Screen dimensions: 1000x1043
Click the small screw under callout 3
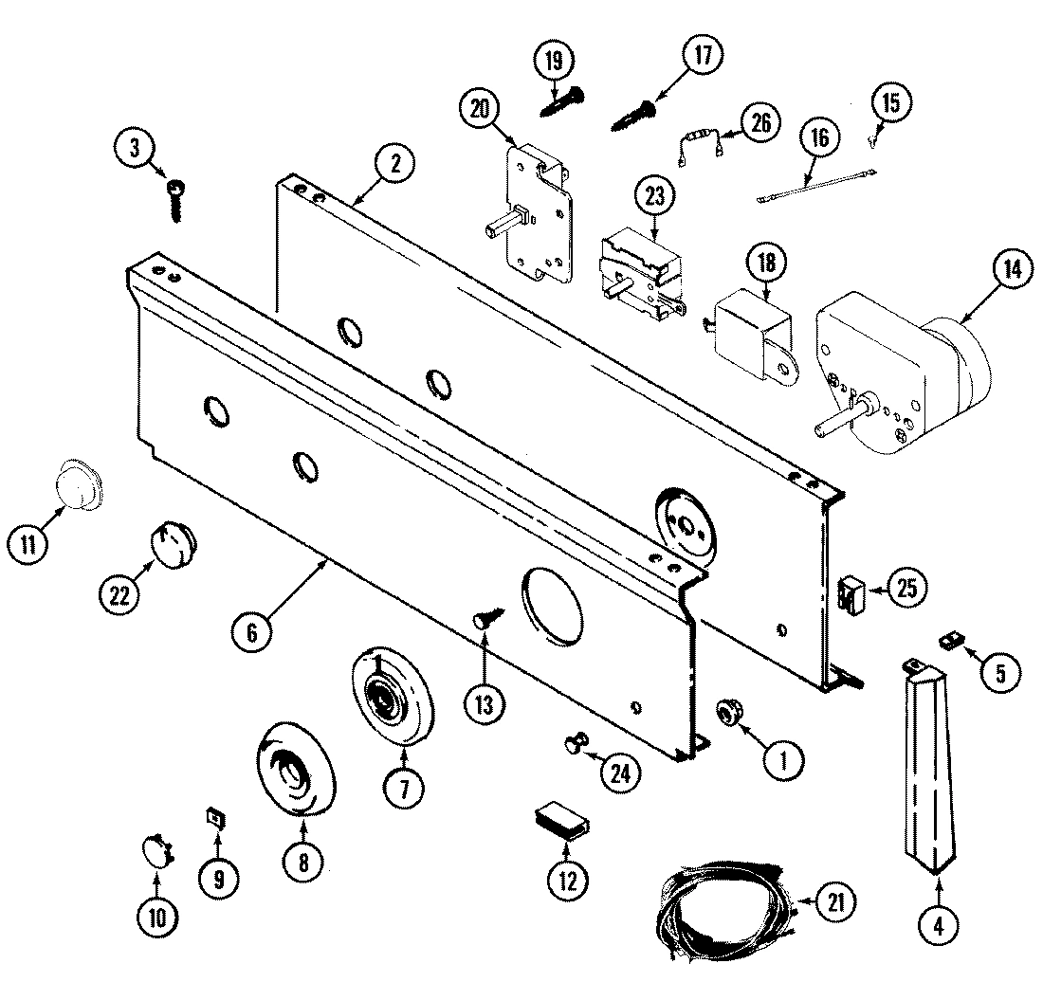[x=177, y=200]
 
